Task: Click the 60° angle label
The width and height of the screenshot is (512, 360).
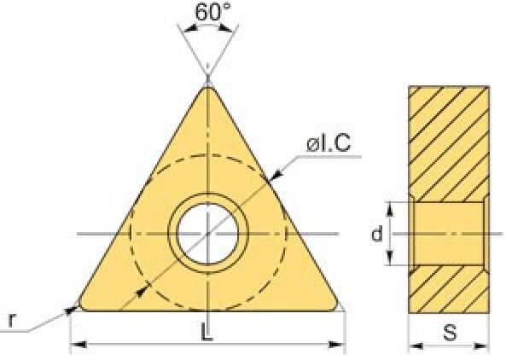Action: coord(212,12)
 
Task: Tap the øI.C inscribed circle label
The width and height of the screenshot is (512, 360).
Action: coord(329,143)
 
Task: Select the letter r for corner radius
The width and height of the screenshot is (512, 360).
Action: coord(11,320)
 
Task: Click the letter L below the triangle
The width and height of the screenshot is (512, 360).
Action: coord(206,332)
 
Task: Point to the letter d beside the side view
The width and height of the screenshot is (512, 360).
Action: coord(377,233)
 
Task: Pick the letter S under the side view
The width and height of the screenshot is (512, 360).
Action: coord(450,333)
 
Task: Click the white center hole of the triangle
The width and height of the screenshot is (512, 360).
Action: coord(207,233)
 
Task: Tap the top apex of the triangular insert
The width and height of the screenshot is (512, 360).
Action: coord(207,86)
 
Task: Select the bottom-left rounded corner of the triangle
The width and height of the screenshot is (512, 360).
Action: coord(82,305)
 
